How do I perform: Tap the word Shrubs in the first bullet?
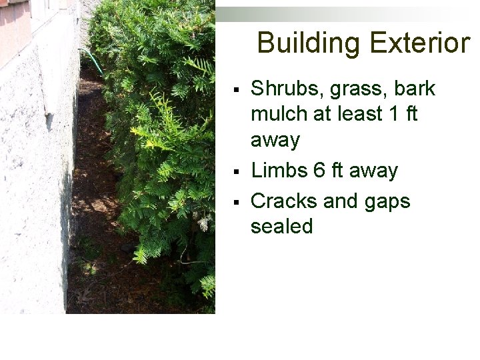pyautogui.click(x=283, y=89)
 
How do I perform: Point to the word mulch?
pyautogui.click(x=277, y=115)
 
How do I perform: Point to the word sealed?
pyautogui.click(x=281, y=227)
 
